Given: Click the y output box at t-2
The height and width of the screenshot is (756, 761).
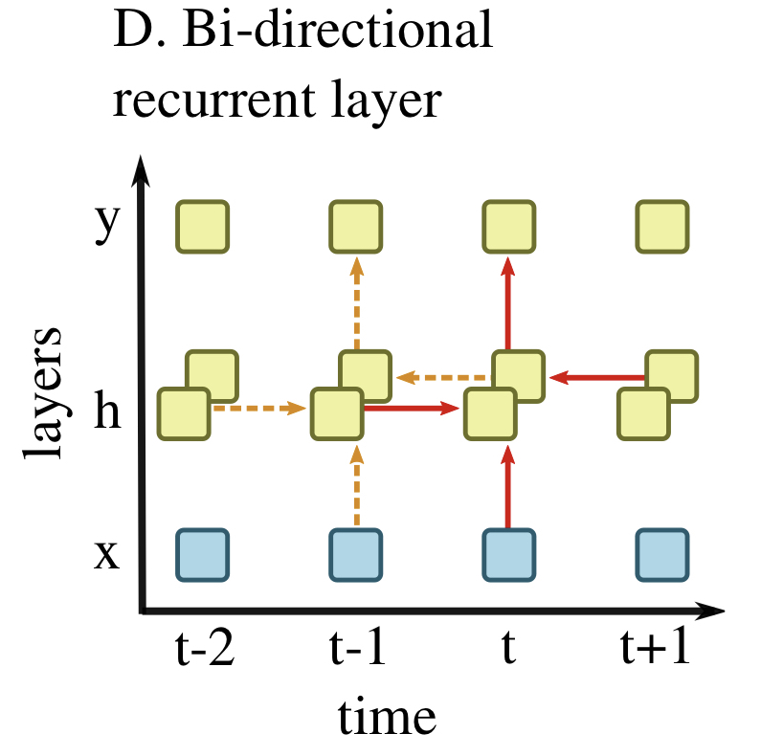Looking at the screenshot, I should click(202, 227).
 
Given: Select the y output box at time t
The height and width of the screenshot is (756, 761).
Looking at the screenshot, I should click(508, 227).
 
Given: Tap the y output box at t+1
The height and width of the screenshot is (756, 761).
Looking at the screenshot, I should click(661, 227).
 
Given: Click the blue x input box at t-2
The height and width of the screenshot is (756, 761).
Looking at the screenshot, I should click(202, 554).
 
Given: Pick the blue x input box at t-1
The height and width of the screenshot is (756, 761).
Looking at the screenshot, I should click(356, 554).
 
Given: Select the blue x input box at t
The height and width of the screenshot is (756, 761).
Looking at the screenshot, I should click(508, 554).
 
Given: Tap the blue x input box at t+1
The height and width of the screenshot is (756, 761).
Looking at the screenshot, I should click(661, 554).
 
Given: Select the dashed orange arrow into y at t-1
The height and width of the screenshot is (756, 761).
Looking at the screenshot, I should click(356, 301).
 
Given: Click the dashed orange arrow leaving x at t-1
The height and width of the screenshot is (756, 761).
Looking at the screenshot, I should click(356, 488).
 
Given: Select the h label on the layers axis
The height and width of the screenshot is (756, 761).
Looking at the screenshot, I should click(107, 413).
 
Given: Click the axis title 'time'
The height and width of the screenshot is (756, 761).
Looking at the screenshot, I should click(386, 715).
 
